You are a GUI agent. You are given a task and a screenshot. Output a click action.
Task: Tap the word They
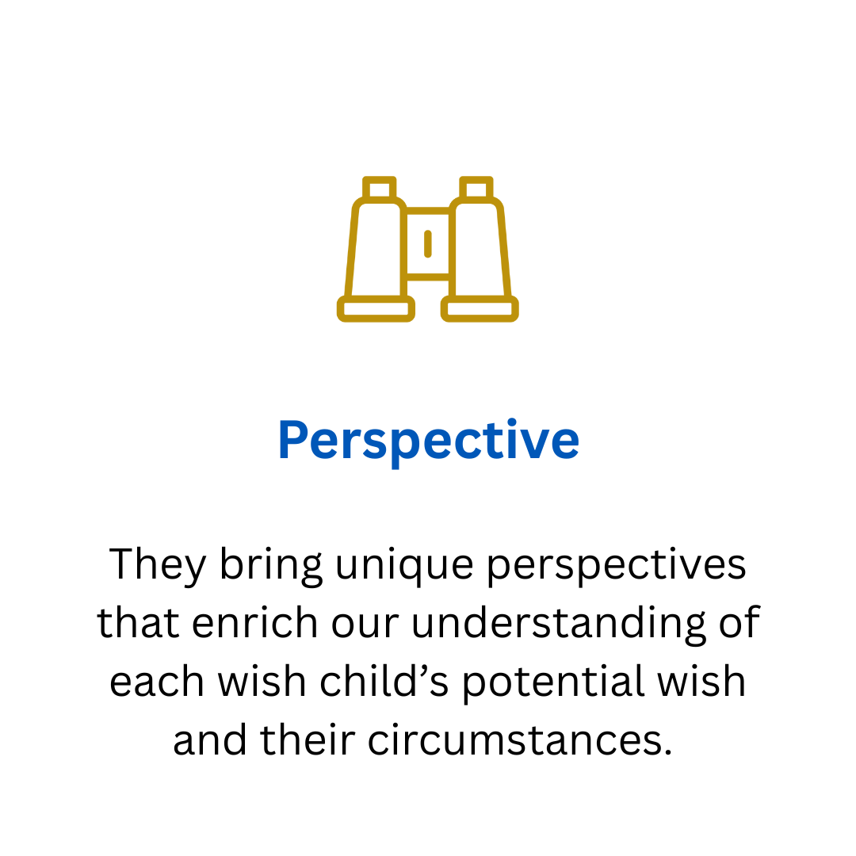click(x=157, y=565)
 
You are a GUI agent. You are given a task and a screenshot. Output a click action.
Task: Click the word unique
click(x=404, y=565)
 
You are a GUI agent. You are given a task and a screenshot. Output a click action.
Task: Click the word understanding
click(x=559, y=624)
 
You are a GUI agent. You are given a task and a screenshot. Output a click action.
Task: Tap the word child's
click(x=384, y=682)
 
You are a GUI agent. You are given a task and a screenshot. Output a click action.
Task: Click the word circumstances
click(x=520, y=741)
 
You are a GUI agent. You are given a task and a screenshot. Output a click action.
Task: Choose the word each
click(x=157, y=682)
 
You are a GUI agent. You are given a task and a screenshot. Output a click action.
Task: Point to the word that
click(x=138, y=623)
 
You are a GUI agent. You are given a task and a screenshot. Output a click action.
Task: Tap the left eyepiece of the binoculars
click(x=380, y=188)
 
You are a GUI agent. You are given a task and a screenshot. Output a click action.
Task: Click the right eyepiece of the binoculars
click(x=476, y=188)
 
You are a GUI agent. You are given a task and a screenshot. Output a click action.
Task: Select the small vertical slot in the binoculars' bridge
click(x=428, y=244)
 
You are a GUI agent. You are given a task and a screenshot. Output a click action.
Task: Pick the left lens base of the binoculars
click(x=376, y=309)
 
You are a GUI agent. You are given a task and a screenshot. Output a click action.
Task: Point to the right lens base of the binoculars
click(x=480, y=309)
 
